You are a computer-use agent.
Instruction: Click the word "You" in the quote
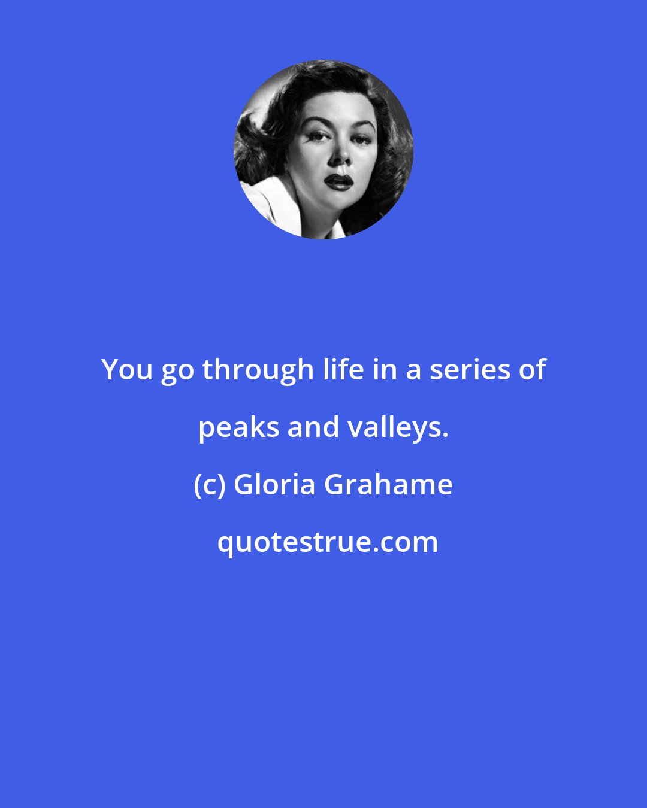128,370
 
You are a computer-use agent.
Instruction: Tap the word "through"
258,370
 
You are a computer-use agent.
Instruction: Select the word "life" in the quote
343,370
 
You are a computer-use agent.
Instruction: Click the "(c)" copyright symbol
209,484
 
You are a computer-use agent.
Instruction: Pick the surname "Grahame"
388,484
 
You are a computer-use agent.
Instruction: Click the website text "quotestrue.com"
327,542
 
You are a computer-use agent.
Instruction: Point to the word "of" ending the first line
533,370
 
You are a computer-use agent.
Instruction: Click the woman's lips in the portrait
338,181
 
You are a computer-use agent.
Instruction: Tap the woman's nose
340,157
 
